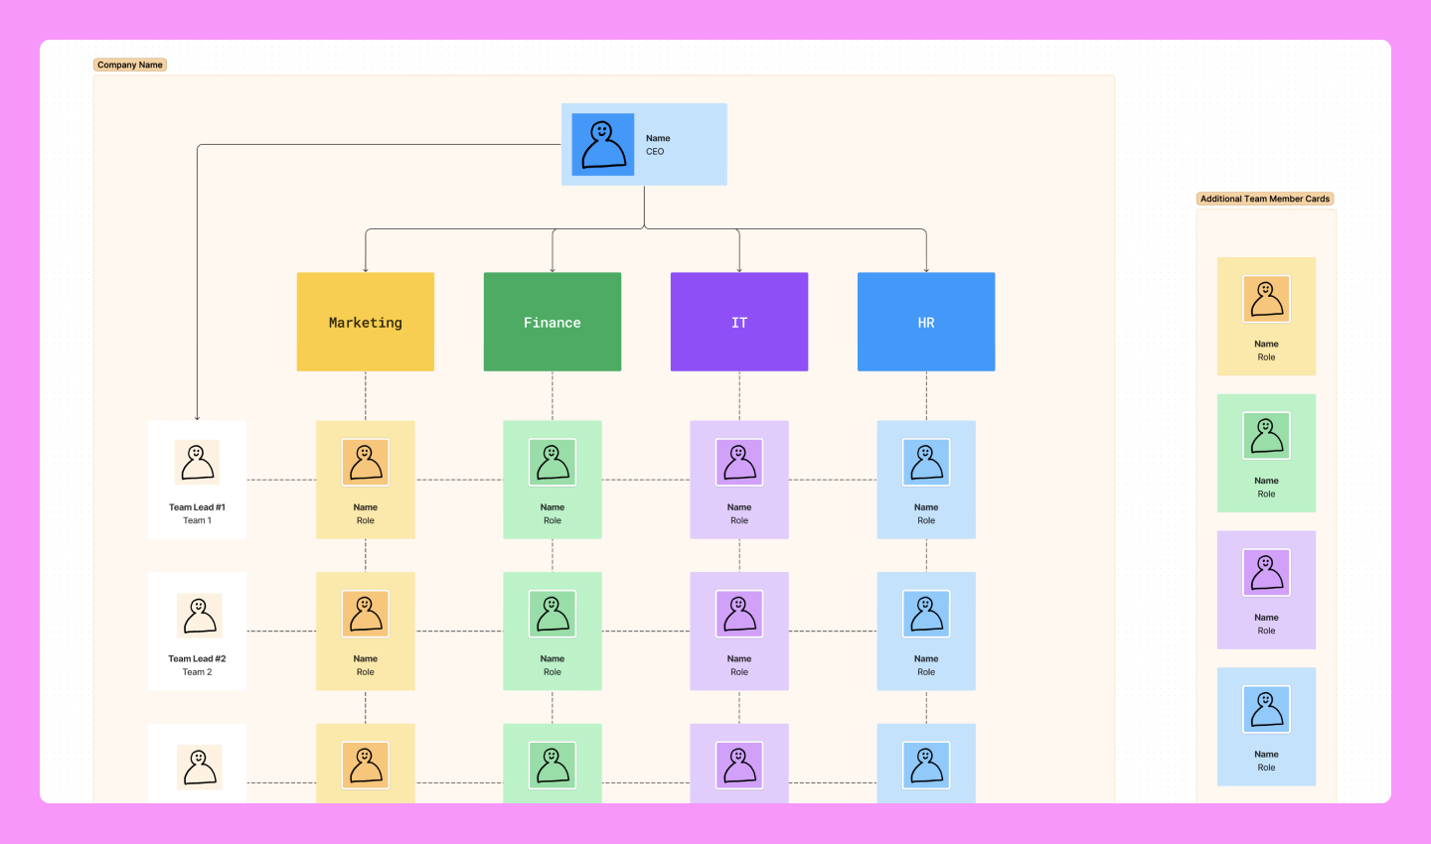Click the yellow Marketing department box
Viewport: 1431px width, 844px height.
365,322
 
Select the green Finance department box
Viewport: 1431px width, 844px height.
552,322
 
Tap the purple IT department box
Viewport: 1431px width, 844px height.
738,322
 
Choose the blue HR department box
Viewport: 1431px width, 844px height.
925,322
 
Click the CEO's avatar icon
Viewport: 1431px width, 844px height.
603,144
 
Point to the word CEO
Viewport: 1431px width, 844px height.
655,152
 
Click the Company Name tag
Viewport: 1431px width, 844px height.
130,65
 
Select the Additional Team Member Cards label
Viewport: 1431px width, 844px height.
1264,199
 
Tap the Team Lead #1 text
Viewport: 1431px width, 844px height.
197,507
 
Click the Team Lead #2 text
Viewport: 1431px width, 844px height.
197,659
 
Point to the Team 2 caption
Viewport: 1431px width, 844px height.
197,672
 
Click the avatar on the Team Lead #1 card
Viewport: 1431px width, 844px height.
197,463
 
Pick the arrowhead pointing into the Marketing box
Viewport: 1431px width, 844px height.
366,269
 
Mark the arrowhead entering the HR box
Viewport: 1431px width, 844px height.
926,269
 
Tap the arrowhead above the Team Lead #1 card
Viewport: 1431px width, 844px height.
197,417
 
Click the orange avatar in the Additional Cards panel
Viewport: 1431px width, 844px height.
1266,299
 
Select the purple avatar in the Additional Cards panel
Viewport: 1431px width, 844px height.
1266,573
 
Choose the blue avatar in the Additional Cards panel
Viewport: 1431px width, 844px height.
1266,710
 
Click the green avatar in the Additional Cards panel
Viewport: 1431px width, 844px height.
1266,436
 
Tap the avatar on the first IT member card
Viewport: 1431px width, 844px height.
739,463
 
